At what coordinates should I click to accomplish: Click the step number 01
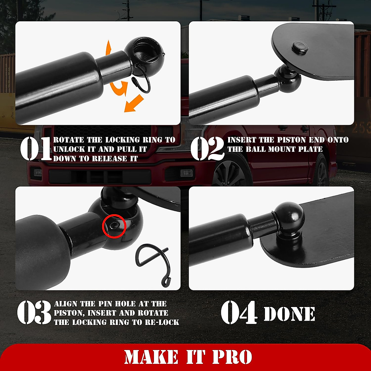click(x=36, y=149)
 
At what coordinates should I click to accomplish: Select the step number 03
click(x=34, y=313)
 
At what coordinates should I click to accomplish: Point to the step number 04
click(x=239, y=313)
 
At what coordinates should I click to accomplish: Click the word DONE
click(x=289, y=314)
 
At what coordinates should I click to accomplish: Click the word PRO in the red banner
click(x=232, y=357)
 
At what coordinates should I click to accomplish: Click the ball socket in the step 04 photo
click(x=289, y=216)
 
